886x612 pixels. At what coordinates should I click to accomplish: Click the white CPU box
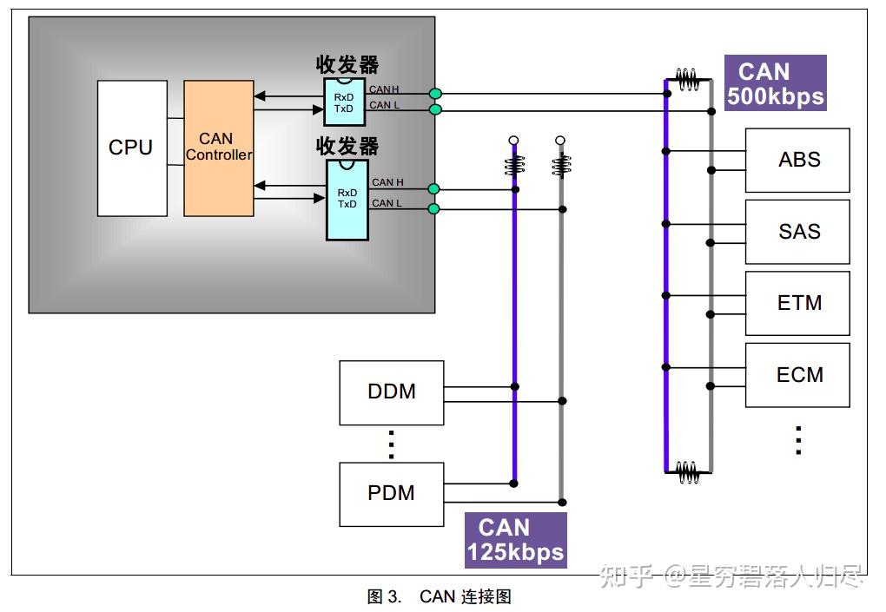[132, 148]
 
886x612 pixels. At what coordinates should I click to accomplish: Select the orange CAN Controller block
[219, 148]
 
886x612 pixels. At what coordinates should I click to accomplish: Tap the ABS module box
[797, 161]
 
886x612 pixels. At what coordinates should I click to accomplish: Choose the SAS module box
[797, 232]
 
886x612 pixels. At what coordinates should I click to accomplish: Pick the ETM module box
[797, 303]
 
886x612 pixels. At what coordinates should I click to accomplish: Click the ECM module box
[797, 375]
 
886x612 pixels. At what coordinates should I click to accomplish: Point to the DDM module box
[392, 393]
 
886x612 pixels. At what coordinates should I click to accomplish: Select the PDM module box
[392, 495]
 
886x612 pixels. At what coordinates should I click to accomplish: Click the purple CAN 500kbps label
[775, 83]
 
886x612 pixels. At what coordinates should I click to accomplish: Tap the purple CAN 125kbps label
[515, 540]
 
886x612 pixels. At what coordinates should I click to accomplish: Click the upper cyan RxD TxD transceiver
[344, 102]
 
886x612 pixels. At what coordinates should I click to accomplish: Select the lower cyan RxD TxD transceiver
[347, 200]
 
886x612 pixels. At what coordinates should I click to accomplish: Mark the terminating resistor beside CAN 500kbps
[688, 79]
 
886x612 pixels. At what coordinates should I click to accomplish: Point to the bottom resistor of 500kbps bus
[688, 472]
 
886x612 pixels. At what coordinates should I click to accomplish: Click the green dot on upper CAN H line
[435, 94]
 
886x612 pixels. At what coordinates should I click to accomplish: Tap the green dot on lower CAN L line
[434, 209]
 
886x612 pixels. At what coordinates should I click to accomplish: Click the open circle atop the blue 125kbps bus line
[513, 140]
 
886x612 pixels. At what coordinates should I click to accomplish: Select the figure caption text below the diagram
[439, 596]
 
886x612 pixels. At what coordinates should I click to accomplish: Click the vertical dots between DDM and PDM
[391, 444]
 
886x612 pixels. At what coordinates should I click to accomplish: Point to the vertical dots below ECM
[798, 440]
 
